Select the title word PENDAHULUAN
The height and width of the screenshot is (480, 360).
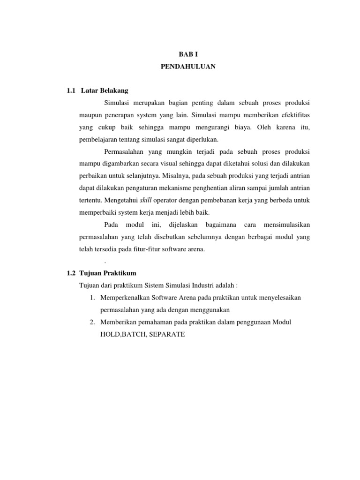pyautogui.click(x=188, y=67)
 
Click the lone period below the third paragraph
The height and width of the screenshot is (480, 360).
pyautogui.click(x=105, y=261)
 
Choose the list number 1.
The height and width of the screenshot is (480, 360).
pyautogui.click(x=92, y=298)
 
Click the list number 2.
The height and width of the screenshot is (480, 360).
pyautogui.click(x=92, y=322)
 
